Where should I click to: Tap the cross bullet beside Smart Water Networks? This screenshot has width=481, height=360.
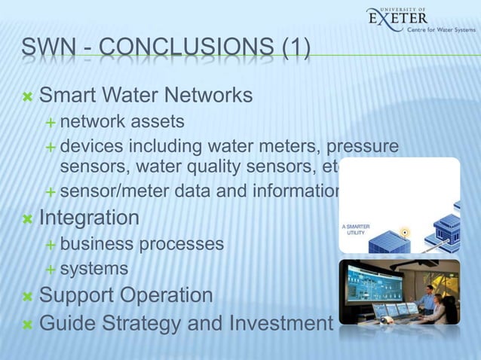pos(27,96)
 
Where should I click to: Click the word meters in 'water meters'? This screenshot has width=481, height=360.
pos(291,144)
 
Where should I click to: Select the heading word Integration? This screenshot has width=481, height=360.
pos(89,218)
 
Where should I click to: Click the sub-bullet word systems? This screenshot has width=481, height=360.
pos(94,268)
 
